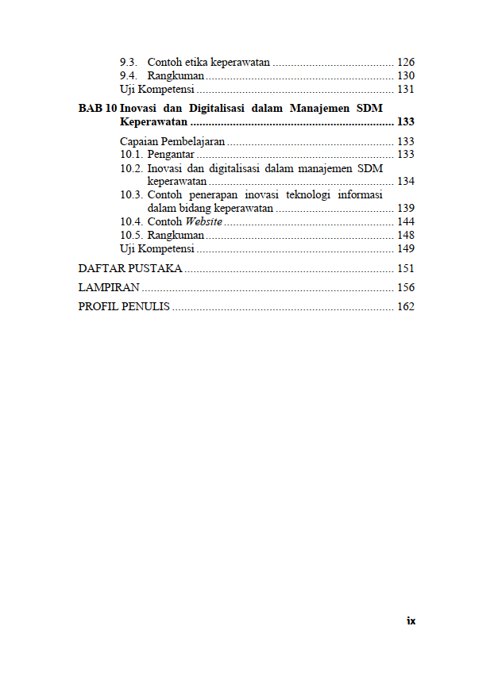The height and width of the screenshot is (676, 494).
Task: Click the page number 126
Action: tap(406, 62)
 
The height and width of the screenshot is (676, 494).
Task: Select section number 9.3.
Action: tap(129, 62)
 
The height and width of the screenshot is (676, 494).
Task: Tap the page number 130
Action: tap(406, 75)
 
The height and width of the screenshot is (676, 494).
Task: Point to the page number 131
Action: tap(406, 89)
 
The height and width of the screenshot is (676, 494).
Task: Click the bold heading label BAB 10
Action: tap(98, 108)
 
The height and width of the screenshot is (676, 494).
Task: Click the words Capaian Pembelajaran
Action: tap(172, 141)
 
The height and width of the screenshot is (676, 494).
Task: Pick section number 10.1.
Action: tap(132, 154)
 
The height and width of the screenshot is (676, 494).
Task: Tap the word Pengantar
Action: tap(171, 154)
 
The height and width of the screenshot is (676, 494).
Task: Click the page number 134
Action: tap(406, 181)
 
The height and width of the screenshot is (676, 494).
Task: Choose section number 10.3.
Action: tap(132, 194)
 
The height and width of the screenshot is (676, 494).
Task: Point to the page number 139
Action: tap(406, 208)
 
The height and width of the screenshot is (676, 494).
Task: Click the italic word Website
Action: tap(204, 221)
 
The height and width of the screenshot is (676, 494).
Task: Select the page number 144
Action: tap(406, 221)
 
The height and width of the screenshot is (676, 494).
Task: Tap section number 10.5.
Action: tap(132, 235)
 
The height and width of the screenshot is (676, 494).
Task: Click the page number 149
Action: tap(406, 248)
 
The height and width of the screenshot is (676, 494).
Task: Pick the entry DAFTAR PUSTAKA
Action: tap(130, 268)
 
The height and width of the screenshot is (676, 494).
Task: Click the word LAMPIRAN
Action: tap(110, 287)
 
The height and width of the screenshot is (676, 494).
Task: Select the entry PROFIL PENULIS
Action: tap(124, 306)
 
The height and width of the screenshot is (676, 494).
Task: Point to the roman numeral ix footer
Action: tap(411, 620)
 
